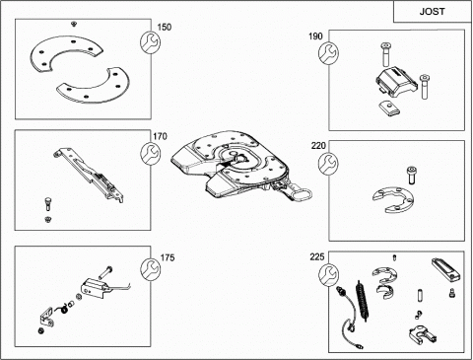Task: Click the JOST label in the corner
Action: coord(432,12)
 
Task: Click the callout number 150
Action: coord(165,27)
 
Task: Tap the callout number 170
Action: coord(160,136)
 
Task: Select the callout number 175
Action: coord(168,257)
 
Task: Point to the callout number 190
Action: coord(315,36)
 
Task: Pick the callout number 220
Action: coord(318,145)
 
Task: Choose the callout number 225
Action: coord(317,256)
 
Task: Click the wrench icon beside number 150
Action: coord(151,42)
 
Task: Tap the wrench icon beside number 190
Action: coord(328,52)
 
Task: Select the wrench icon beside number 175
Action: coord(151,268)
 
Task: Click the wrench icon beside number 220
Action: coord(328,164)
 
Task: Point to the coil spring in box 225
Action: coord(362,300)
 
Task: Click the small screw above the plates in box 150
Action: coord(74,24)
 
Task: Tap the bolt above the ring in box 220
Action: coord(410,176)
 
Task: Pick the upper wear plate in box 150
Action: coord(66,52)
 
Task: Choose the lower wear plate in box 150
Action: coord(94,87)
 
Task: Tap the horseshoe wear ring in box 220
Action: coord(393,199)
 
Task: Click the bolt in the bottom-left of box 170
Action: coord(48,204)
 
